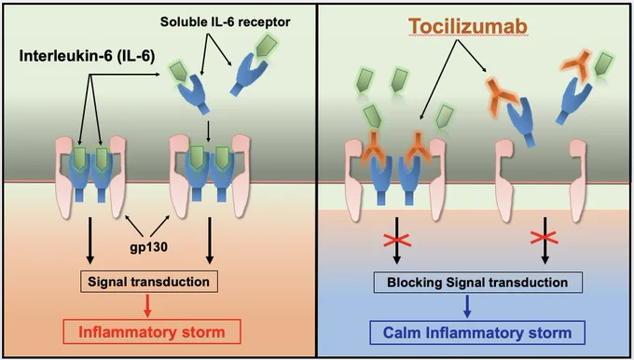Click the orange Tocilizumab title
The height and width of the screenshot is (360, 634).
tap(468, 27)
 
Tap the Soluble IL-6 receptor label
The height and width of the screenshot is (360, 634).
tap(226, 21)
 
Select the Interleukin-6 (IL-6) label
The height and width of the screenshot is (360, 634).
tap(87, 56)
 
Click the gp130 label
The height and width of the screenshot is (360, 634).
tap(149, 247)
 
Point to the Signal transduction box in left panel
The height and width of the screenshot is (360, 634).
tap(149, 282)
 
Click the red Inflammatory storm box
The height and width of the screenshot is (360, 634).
tap(152, 332)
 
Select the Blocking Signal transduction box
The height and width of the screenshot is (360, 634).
tap(477, 282)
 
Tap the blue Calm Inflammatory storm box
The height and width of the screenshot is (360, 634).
tap(477, 333)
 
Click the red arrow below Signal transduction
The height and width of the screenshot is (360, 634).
tap(148, 305)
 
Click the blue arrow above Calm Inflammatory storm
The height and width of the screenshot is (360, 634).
tap(467, 306)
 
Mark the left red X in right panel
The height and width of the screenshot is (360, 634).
tap(398, 241)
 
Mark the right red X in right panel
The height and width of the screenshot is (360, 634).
tap(544, 238)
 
